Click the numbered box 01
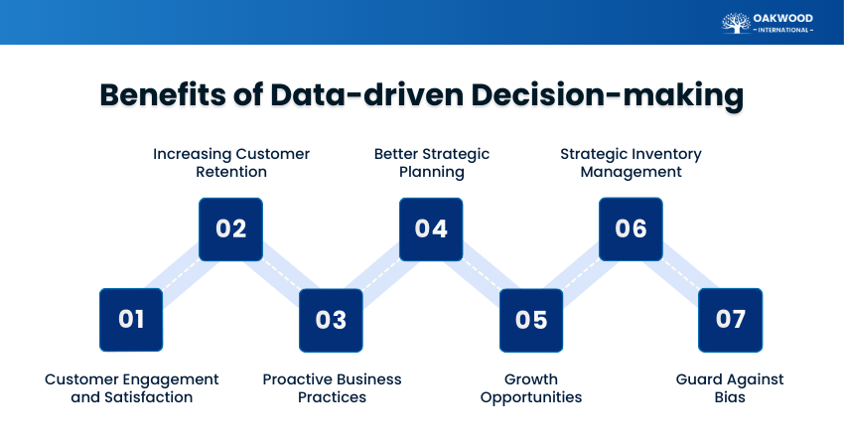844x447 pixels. (x=131, y=320)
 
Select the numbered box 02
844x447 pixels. (x=231, y=229)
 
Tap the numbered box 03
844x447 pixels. (x=331, y=320)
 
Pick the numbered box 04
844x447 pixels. (x=431, y=229)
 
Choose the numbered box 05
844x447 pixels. (x=531, y=320)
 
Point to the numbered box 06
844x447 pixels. (x=632, y=229)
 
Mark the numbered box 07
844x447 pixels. (x=730, y=320)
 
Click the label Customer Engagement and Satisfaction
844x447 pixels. (x=131, y=388)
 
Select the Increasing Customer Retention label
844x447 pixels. (x=231, y=163)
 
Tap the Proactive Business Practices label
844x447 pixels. (x=332, y=388)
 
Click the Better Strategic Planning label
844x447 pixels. (x=432, y=163)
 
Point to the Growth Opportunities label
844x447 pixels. (x=531, y=388)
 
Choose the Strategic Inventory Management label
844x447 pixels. (x=632, y=163)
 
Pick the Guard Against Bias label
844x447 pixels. (x=730, y=388)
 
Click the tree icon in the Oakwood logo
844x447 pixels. (x=736, y=23)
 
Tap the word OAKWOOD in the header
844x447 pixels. (x=784, y=17)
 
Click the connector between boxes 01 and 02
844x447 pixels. (x=182, y=275)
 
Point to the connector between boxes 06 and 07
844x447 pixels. (x=681, y=275)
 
